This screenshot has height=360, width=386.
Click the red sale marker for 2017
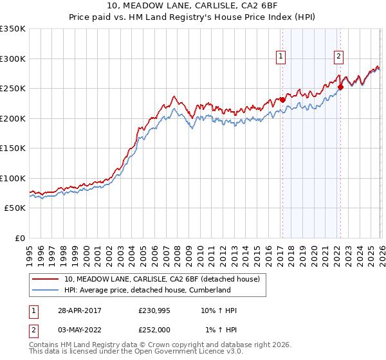(282, 100)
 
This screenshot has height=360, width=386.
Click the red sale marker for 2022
(340, 87)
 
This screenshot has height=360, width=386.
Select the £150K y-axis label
(13, 148)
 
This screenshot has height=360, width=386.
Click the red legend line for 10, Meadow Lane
(45, 279)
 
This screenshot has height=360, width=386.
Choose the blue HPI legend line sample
(45, 290)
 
